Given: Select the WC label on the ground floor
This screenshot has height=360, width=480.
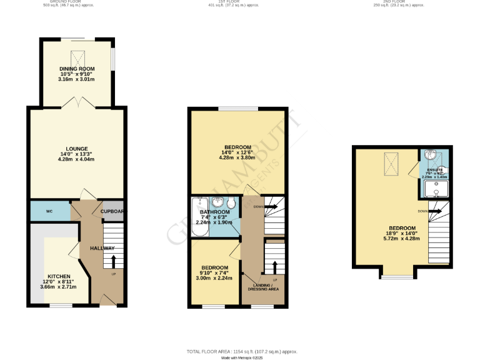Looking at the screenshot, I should [49, 211].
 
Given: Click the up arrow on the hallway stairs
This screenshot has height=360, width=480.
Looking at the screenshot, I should [113, 261].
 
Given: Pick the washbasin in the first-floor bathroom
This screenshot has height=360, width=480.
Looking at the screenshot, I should [218, 202].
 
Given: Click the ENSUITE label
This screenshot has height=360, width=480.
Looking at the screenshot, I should [436, 170].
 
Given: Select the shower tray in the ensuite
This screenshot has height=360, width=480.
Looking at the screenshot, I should [436, 187].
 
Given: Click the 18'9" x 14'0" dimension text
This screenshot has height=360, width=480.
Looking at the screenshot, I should [401, 234].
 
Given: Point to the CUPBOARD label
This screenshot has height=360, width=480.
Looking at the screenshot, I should [113, 211].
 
